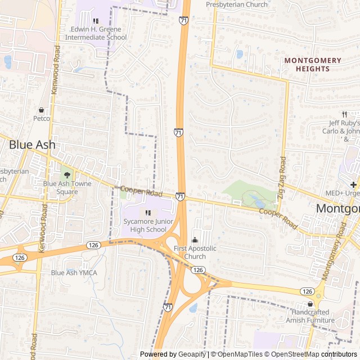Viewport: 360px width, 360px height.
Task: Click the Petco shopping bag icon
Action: point(41,110)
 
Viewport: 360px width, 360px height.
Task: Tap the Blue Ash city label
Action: point(32,145)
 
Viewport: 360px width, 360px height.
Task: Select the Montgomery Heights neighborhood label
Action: point(313,64)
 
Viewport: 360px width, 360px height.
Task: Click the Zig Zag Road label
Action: point(282,173)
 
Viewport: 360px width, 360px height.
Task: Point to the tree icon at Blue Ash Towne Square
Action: point(67,175)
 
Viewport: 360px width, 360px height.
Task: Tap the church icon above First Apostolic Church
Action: point(195,240)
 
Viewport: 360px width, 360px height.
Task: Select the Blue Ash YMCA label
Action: point(74,273)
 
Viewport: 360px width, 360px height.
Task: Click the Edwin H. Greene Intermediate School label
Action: point(96,33)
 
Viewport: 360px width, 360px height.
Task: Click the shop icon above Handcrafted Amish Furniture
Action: point(309,304)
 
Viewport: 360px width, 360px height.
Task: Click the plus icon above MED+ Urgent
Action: point(353,184)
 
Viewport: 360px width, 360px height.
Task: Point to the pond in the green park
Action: point(257,202)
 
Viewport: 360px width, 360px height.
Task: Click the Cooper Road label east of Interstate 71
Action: point(278,218)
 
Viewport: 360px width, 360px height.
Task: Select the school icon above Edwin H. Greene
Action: point(96,21)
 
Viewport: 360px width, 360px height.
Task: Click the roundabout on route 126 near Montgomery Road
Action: point(319,294)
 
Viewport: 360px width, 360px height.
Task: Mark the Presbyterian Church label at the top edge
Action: point(237,4)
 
